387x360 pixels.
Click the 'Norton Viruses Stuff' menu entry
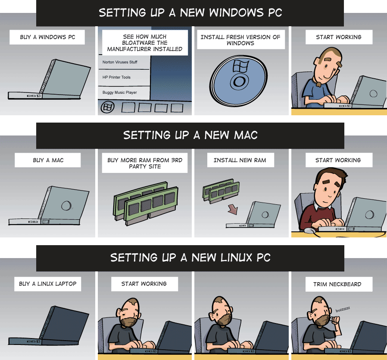pyautogui.click(x=120, y=62)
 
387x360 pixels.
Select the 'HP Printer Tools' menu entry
pyautogui.click(x=116, y=77)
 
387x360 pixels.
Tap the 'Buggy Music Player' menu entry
pyautogui.click(x=120, y=92)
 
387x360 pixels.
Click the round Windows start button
pyautogui.click(x=108, y=107)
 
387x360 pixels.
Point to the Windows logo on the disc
pyautogui.click(x=240, y=65)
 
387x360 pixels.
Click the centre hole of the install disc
pyautogui.click(x=239, y=82)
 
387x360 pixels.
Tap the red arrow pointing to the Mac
pyautogui.click(x=233, y=209)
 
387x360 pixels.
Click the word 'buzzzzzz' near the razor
pyautogui.click(x=343, y=309)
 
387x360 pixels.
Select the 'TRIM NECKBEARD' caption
pyautogui.click(x=337, y=284)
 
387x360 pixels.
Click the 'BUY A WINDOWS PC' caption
pyautogui.click(x=47, y=37)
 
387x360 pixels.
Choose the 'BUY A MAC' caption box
pyautogui.click(x=48, y=160)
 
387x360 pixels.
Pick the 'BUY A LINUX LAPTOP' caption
pyautogui.click(x=48, y=284)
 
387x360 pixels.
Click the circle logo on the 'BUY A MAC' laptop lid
pyautogui.click(x=66, y=205)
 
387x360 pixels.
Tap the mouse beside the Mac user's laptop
pyautogui.click(x=310, y=231)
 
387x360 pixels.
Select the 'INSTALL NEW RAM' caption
pyautogui.click(x=240, y=160)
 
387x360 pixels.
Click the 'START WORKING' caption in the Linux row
pyautogui.click(x=144, y=284)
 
